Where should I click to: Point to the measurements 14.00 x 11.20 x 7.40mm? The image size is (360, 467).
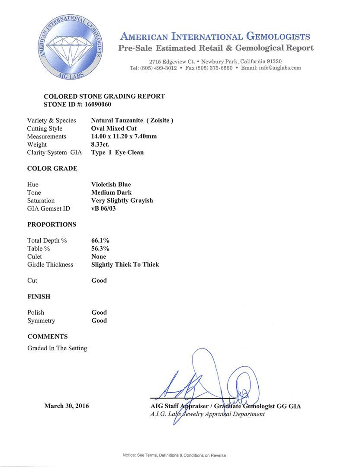(124, 136)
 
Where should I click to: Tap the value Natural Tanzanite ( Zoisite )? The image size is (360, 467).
(132, 120)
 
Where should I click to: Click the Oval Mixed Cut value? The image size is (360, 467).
(114, 128)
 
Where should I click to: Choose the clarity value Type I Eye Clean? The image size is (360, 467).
(117, 152)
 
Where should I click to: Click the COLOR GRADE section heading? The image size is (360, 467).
(52, 168)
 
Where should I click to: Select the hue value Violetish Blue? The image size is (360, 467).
(111, 184)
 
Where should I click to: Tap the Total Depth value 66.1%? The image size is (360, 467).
(100, 240)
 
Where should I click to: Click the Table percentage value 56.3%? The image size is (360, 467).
(100, 248)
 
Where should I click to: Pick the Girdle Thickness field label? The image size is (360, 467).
(50, 264)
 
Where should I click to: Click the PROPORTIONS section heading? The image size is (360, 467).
(51, 224)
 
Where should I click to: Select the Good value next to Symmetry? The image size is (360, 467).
(99, 320)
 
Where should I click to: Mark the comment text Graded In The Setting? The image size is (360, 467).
(57, 348)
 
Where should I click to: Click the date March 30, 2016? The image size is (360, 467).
(67, 406)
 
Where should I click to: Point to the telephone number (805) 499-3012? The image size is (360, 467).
(157, 68)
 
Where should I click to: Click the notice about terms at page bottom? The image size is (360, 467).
(174, 455)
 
